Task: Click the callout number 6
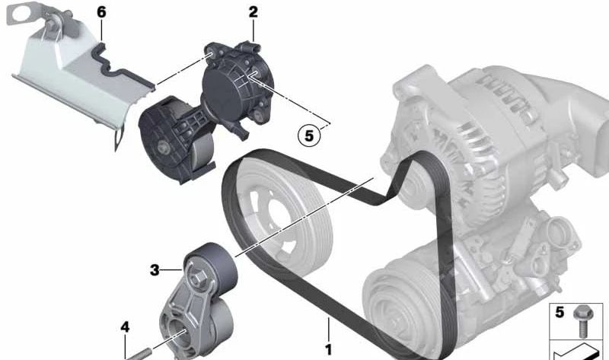[101, 12]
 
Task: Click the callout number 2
[253, 12]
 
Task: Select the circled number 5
[309, 135]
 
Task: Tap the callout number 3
[155, 270]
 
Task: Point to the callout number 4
[125, 327]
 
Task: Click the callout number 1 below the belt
[329, 350]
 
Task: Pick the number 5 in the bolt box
[560, 312]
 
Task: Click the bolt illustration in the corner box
[582, 321]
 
